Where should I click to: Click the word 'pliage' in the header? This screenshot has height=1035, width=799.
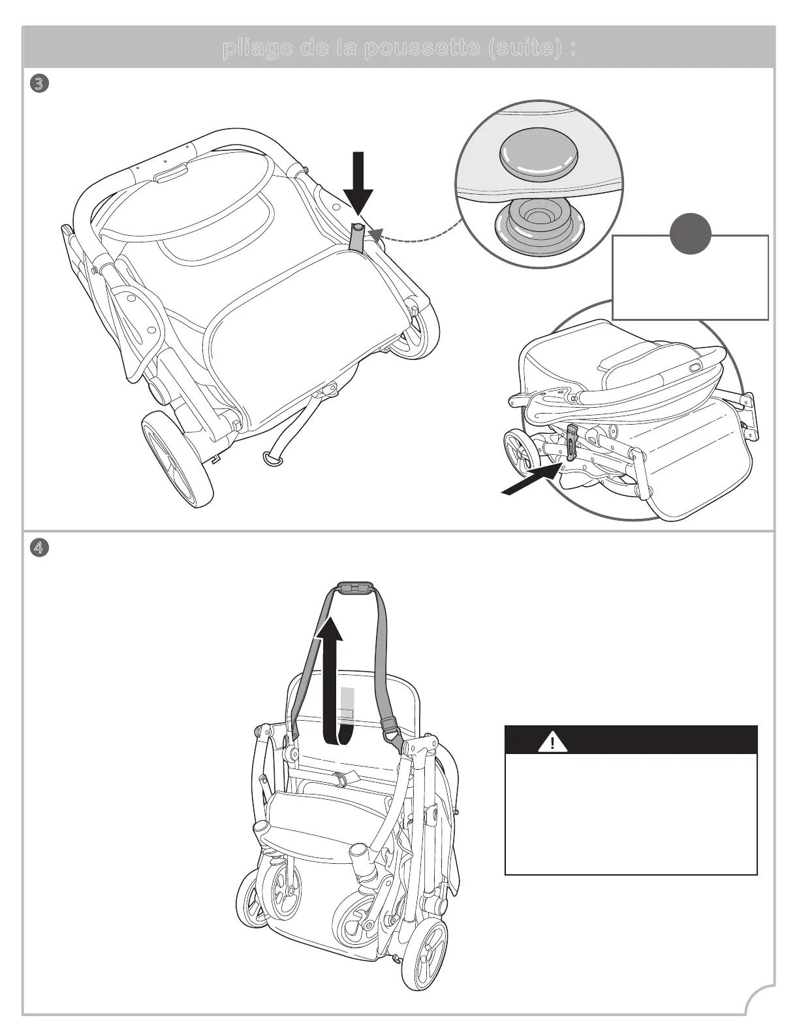coord(255,49)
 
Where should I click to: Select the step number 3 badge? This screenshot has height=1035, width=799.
coord(39,84)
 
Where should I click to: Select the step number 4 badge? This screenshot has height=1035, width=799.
coord(39,548)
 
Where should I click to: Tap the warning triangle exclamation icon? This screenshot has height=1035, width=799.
coord(552,743)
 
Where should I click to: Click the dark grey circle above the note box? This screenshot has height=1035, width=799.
coord(691,233)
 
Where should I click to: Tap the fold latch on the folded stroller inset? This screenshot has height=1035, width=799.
coord(572,443)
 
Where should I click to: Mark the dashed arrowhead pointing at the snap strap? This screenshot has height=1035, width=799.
coord(375,234)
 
